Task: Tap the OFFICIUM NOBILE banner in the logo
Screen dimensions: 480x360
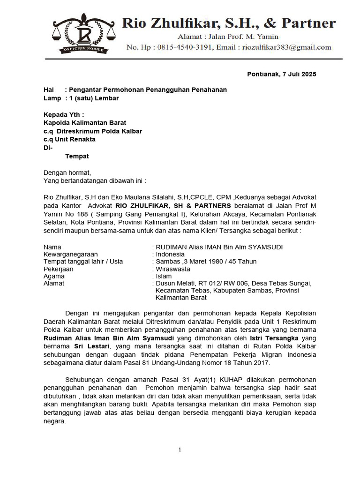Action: (83, 49)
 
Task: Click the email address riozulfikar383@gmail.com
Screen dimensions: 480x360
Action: (286, 47)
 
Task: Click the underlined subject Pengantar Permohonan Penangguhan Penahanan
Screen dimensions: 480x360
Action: (148, 90)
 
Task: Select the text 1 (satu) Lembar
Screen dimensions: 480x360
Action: (89, 98)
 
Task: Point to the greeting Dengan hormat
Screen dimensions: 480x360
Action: (67, 172)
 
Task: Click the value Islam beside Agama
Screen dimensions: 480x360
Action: (164, 276)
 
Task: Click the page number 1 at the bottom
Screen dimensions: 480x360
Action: (180, 450)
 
